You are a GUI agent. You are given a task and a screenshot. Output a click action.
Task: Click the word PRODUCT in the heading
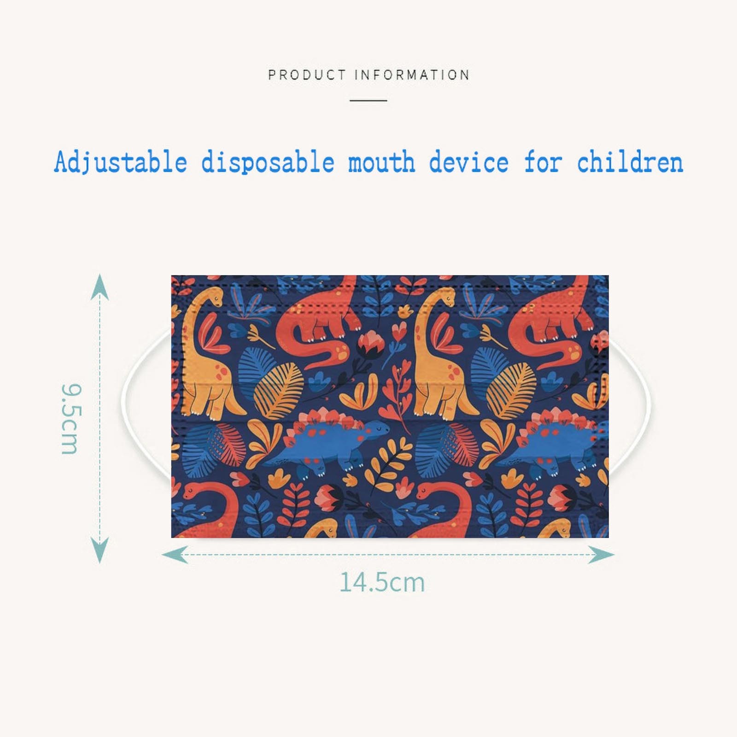coord(307,75)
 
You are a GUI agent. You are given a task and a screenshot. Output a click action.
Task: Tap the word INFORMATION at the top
coord(412,75)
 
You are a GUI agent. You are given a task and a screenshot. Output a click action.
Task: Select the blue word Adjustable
coord(121,163)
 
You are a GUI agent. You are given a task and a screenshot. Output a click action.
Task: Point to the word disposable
coord(268,163)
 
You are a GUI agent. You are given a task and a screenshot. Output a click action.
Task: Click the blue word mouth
coord(381,163)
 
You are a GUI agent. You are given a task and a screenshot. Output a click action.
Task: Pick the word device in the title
coord(469,163)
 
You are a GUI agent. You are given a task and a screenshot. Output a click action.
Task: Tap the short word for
coord(543,163)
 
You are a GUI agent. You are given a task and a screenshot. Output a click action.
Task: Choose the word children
coord(630,163)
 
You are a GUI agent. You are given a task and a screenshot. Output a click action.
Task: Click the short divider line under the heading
coord(368,100)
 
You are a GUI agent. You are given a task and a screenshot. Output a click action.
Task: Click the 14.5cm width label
coord(382,582)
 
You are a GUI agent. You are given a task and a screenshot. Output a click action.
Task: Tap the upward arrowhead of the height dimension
coord(99,286)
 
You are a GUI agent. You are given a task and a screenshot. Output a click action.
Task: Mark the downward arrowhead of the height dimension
coord(99,550)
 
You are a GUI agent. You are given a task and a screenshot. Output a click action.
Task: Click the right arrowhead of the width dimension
coord(602,555)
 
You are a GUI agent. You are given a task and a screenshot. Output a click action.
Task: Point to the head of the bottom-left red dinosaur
coord(193,491)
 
